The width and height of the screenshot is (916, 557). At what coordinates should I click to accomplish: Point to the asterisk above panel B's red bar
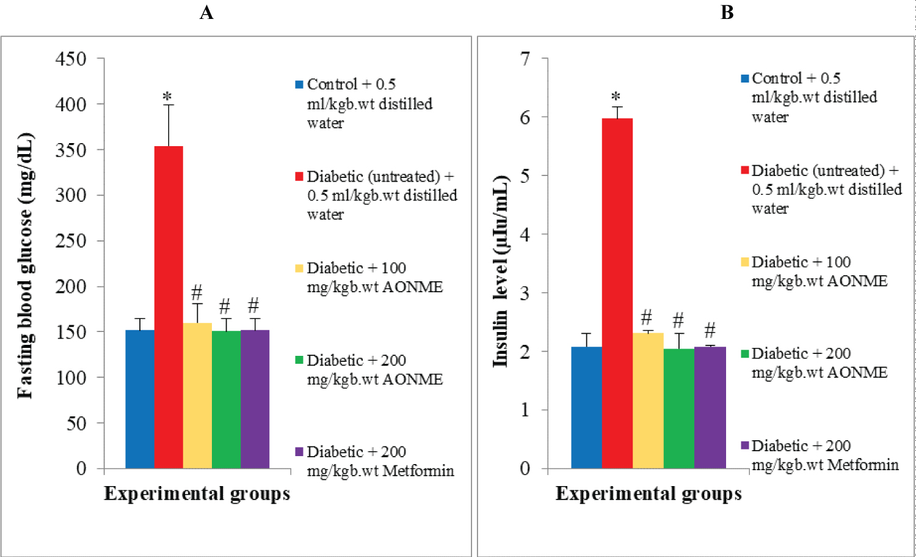616,97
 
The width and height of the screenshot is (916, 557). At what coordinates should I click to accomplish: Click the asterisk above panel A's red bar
167,97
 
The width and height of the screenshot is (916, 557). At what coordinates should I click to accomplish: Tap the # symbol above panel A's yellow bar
197,292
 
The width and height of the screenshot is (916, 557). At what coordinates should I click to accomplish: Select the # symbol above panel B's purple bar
710,331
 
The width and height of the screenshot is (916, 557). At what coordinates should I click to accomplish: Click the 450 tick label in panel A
71,59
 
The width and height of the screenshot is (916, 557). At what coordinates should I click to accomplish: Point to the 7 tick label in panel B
525,59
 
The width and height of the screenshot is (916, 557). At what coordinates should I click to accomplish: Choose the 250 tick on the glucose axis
71,241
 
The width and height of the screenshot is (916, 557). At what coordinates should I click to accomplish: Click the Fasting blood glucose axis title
25,266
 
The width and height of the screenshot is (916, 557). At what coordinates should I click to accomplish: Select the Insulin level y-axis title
501,271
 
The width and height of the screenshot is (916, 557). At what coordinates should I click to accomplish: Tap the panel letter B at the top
727,12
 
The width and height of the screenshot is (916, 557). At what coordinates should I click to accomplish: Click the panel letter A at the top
206,12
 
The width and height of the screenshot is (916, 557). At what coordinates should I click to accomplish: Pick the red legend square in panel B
745,170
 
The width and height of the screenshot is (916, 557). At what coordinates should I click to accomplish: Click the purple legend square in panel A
299,452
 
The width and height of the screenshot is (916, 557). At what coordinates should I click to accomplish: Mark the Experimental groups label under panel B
649,493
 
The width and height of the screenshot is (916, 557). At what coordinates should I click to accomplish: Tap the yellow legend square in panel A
299,268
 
